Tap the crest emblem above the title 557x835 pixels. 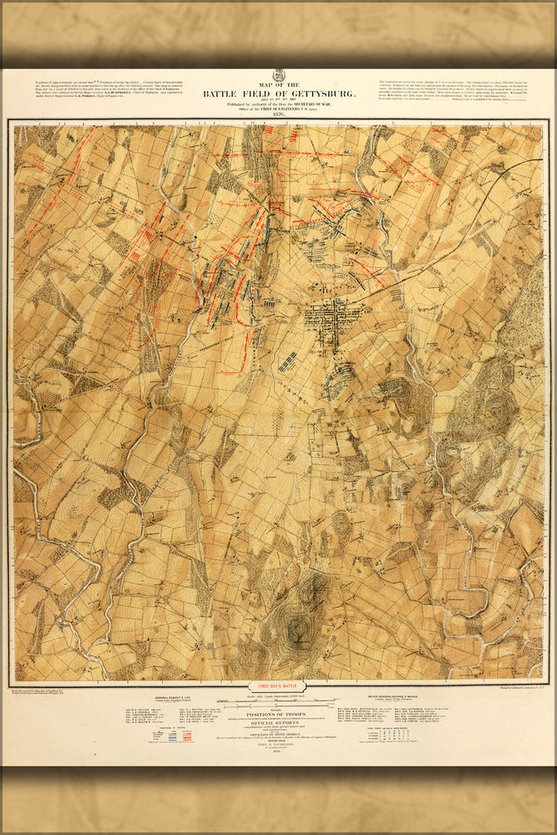pos(278,75)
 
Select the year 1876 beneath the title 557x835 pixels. pos(278,114)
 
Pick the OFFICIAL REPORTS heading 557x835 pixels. pos(278,723)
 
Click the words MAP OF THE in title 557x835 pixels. pos(278,84)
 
